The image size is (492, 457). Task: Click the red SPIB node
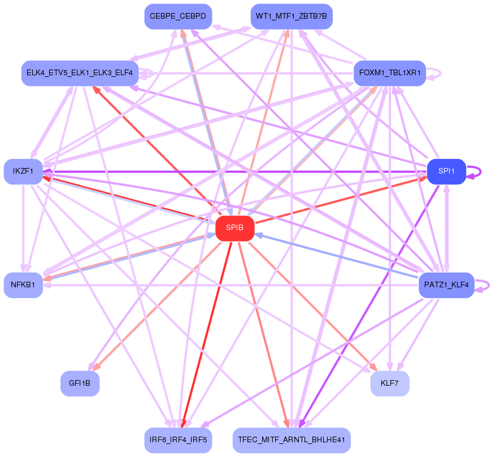point(234,228)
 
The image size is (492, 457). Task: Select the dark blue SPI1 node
point(446,171)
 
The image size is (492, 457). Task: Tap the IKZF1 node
point(23,171)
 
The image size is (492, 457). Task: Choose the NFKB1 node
point(23,285)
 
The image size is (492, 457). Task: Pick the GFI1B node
point(80,383)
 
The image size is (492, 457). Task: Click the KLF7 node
point(389,383)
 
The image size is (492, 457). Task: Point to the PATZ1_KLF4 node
point(446,285)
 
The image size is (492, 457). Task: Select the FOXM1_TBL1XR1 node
point(389,73)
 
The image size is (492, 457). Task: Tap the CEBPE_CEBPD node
point(178,16)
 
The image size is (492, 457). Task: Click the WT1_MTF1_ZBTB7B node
point(291,16)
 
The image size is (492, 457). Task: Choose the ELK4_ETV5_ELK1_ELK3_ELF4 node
point(80,73)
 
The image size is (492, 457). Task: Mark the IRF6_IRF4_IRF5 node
point(178,440)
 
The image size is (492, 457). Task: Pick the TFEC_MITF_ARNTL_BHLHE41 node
point(291,440)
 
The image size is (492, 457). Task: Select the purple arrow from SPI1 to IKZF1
point(237,171)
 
